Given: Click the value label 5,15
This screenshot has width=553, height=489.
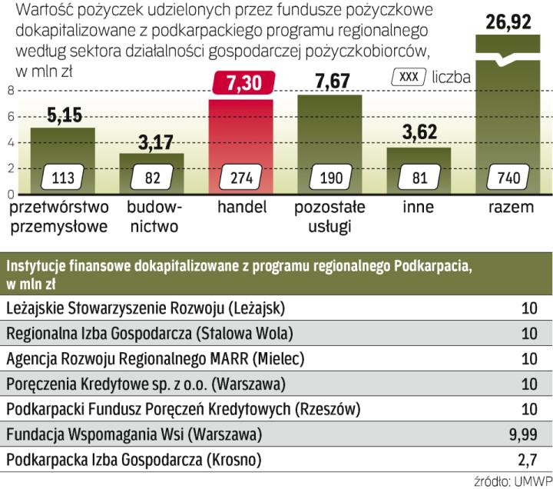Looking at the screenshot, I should (x=63, y=115).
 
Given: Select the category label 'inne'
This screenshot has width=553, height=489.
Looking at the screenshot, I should (x=419, y=208).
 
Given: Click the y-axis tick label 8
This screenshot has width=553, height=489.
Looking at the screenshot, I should (x=10, y=91).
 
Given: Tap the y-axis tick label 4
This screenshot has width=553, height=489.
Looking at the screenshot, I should (x=10, y=142).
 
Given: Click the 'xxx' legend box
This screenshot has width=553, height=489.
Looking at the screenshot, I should (x=409, y=77).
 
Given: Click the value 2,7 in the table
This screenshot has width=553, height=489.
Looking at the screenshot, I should (x=527, y=461).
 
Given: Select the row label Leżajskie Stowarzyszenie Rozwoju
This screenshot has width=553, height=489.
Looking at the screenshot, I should (x=145, y=309).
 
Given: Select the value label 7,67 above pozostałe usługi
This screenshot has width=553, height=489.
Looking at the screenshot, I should (x=329, y=81).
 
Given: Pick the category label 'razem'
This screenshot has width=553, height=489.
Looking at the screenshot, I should (x=508, y=208).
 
